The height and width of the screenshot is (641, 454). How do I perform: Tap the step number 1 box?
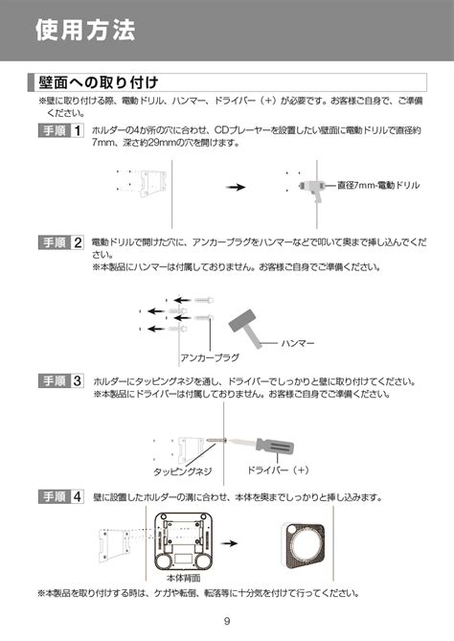coord(77,129)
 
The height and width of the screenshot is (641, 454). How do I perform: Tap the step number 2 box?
coord(77,243)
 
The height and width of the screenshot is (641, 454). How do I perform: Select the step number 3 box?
coord(77,382)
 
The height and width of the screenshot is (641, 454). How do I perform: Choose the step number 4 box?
coord(77,497)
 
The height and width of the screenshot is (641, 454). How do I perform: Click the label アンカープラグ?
coord(210,356)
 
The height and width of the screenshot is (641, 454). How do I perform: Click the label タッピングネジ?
coord(183,471)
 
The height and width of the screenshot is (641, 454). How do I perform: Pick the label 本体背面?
coord(183,580)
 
